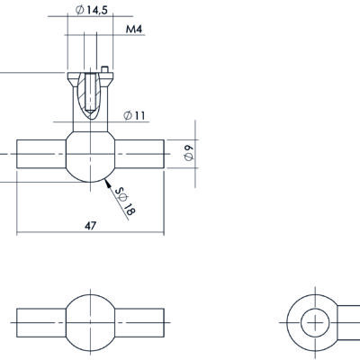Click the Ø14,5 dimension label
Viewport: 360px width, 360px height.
pos(91,10)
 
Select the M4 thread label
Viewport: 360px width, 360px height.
pos(134,30)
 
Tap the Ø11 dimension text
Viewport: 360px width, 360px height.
pos(134,115)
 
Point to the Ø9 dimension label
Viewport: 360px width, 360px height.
pos(189,153)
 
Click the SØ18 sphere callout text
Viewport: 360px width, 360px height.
pos(125,202)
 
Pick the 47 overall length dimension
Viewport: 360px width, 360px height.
pos(90,226)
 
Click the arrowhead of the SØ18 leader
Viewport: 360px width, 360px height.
pos(107,182)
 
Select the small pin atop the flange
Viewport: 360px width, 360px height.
pos(104,69)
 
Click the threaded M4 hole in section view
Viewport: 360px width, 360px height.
pos(90,92)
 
